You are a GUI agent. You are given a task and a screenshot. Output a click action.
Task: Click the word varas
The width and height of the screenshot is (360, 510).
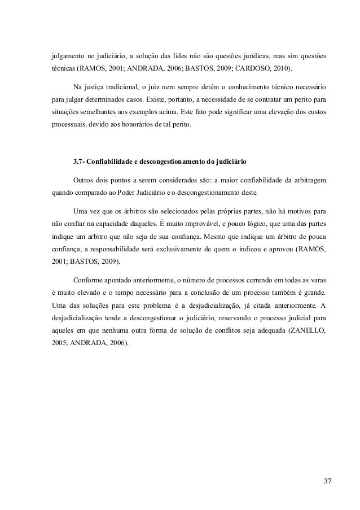316,281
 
